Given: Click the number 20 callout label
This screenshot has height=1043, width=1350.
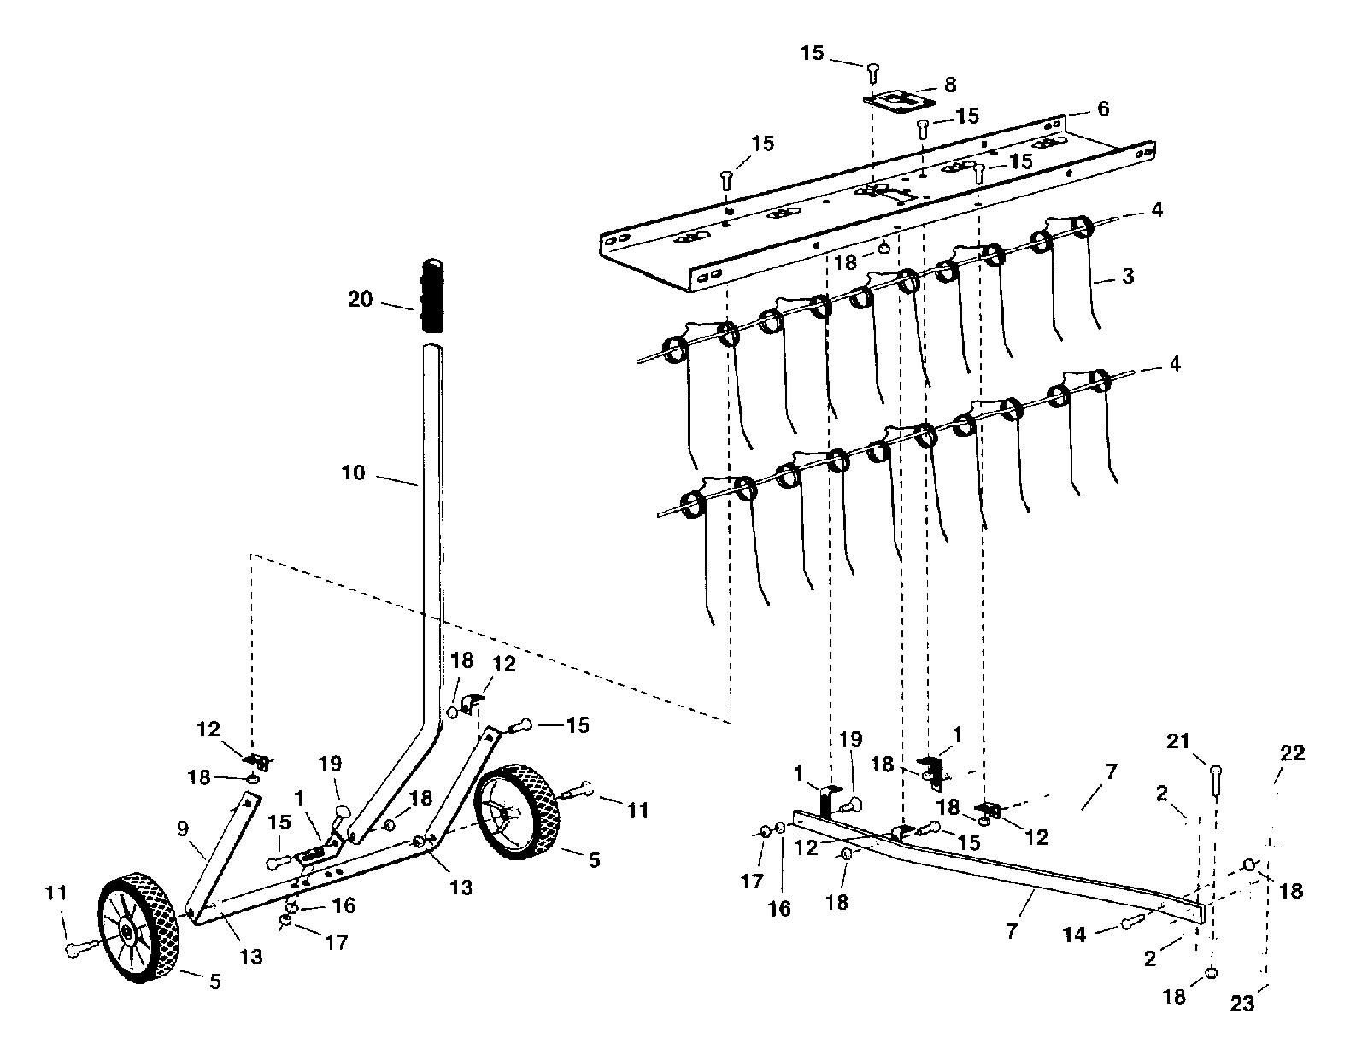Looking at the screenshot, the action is pyautogui.click(x=360, y=299).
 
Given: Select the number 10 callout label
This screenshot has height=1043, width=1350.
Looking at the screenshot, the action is pyautogui.click(x=354, y=472).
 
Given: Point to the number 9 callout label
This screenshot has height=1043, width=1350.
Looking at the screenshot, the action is pyautogui.click(x=183, y=828).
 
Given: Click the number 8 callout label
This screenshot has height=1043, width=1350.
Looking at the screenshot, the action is pyautogui.click(x=950, y=85).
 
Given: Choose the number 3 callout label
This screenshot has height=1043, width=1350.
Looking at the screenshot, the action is pyautogui.click(x=1128, y=276).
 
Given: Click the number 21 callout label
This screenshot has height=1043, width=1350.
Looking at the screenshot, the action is pyautogui.click(x=1178, y=741).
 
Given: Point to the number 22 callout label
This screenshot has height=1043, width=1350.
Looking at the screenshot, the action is pyautogui.click(x=1292, y=753).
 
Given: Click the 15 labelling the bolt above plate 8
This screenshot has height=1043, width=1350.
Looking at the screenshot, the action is pyautogui.click(x=812, y=53).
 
